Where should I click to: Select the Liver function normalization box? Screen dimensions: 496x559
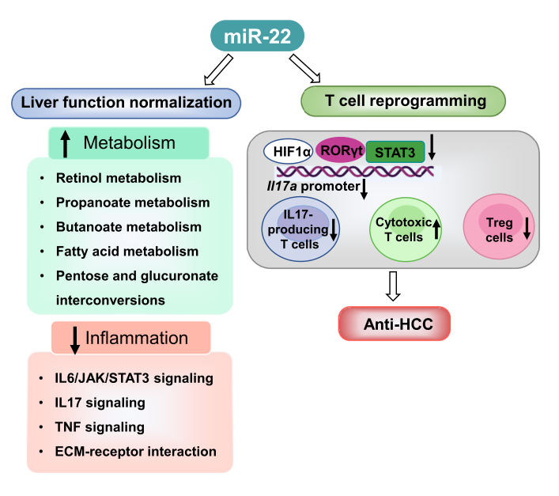[x=126, y=103]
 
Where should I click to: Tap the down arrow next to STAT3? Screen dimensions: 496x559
[x=432, y=151]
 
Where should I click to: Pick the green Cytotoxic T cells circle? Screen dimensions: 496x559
[x=405, y=229]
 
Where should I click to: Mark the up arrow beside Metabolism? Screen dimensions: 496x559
[x=66, y=144]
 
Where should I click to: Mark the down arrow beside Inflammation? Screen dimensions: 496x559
[x=74, y=339]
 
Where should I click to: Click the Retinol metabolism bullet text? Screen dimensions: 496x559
[x=119, y=179]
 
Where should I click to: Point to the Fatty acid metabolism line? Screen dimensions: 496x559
[x=127, y=252]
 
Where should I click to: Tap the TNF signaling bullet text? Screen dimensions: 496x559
[x=100, y=427]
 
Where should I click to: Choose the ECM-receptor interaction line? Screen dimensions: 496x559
[x=136, y=452]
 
